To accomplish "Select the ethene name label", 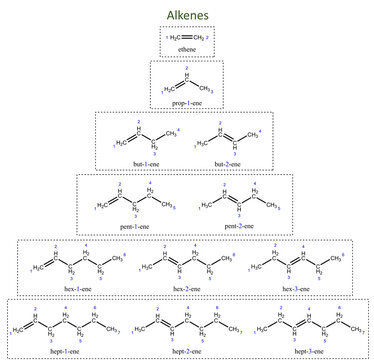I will click(x=187, y=47).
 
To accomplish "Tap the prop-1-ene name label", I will click(x=187, y=103).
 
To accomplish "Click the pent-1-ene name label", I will click(x=132, y=226).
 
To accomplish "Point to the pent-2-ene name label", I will click(x=239, y=226).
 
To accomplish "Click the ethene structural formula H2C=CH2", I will click(x=187, y=36).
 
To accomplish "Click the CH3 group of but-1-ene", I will click(x=171, y=133).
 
